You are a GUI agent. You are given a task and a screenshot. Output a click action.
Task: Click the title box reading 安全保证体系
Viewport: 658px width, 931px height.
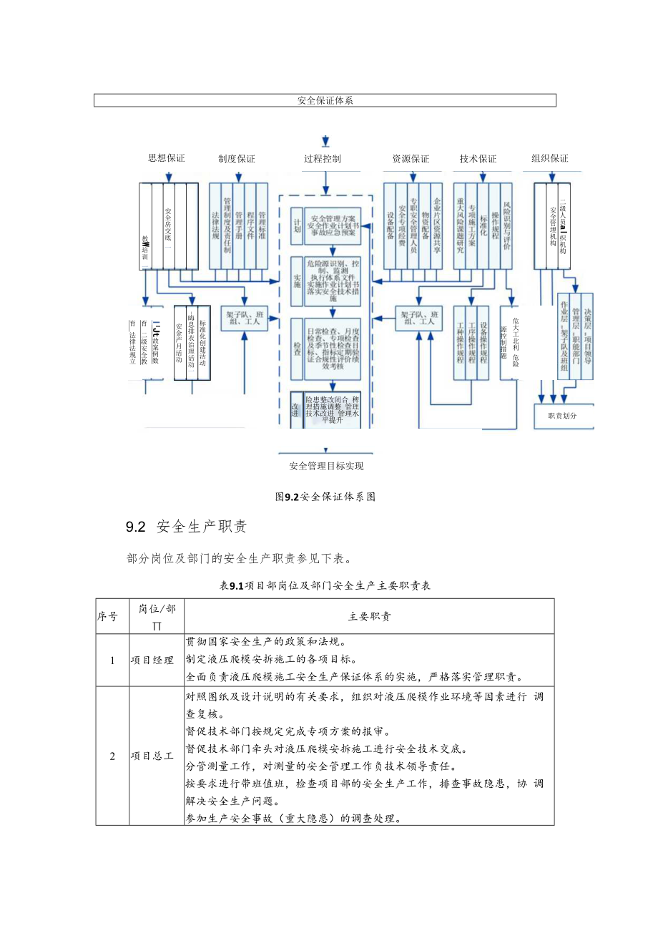tap(325, 100)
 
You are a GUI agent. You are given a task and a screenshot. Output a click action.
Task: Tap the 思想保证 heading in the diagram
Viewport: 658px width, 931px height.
tap(166, 158)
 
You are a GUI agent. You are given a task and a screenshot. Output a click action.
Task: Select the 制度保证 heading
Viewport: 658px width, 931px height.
tap(237, 158)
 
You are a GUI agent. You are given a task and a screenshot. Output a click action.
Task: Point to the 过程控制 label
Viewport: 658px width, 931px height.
tap(323, 158)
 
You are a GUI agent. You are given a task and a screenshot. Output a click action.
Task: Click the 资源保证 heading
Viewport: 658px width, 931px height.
tap(411, 158)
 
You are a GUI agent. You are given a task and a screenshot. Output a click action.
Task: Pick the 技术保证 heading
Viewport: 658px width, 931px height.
tap(478, 158)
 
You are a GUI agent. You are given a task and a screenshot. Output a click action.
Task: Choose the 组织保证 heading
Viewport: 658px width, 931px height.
tap(551, 158)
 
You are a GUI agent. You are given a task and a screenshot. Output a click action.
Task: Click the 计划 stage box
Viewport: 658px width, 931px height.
tap(298, 225)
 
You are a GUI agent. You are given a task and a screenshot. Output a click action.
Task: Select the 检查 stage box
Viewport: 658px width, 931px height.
tap(298, 348)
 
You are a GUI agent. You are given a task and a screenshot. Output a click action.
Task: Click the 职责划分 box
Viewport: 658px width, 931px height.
tap(562, 415)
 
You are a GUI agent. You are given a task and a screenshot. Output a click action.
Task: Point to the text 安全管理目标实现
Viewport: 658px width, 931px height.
tap(326, 467)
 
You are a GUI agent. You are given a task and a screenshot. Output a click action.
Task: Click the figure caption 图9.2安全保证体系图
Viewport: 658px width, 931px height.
tap(325, 496)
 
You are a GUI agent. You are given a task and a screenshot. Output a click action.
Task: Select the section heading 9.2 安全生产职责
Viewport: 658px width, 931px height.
tap(186, 527)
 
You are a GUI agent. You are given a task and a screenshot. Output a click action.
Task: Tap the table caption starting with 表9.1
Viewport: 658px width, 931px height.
tap(325, 585)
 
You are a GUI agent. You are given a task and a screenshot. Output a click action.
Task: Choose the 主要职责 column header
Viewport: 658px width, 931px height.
tap(369, 616)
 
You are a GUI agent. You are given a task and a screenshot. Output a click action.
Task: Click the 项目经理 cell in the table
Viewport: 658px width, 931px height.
tap(152, 661)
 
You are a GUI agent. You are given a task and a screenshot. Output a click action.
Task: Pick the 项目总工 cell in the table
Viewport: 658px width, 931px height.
tap(152, 756)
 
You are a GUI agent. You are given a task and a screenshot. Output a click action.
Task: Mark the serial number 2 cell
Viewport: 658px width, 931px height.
tap(112, 756)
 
